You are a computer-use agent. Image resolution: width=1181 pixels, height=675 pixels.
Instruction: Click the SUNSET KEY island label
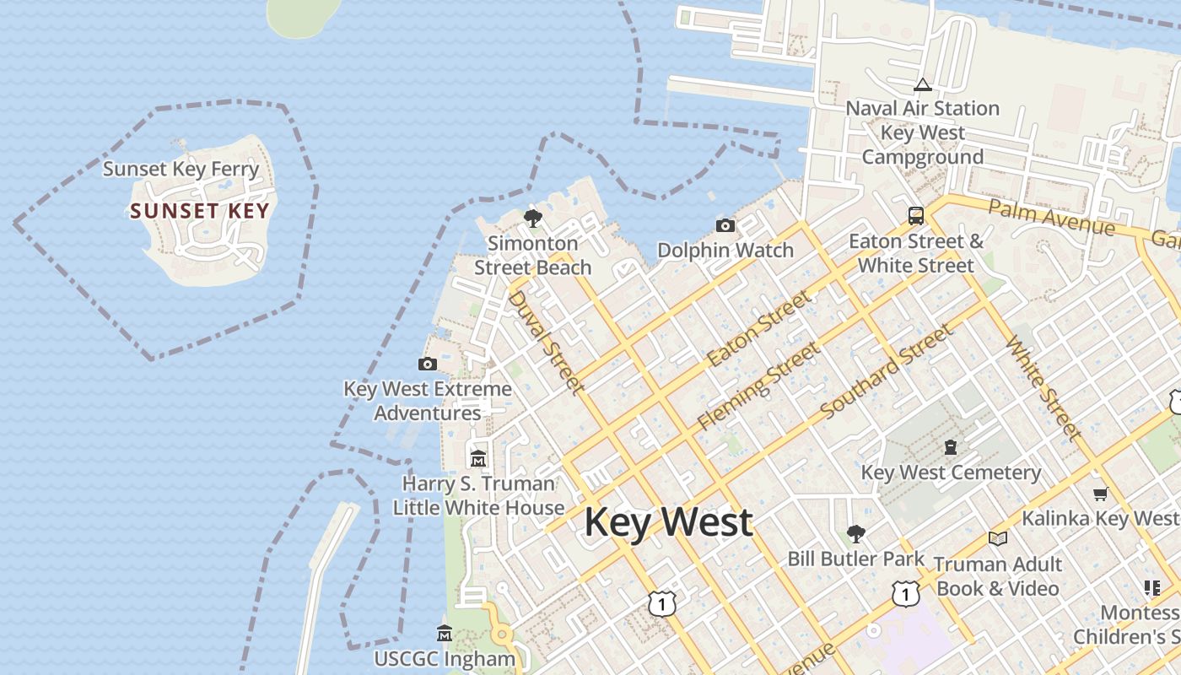point(200,211)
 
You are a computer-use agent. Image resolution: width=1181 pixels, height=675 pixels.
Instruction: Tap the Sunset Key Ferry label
point(181,169)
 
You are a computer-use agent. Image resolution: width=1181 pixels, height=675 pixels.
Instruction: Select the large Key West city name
point(668,522)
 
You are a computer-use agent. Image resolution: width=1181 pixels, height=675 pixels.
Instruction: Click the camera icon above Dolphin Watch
point(725,225)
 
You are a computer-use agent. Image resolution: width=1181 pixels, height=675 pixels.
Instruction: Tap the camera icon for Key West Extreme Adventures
point(428,364)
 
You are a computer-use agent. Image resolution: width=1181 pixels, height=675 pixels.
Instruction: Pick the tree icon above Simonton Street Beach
point(532,219)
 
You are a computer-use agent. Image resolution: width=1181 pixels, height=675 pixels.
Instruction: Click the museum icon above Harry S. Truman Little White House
point(478,458)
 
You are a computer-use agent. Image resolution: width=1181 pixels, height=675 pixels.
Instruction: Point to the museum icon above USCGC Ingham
point(445,633)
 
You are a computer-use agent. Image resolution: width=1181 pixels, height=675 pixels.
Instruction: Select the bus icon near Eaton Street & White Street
point(916,216)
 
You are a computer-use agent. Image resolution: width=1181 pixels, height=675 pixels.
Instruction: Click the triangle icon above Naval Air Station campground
point(922,84)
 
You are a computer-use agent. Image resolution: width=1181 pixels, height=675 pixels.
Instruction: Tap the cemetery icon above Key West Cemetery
point(951,447)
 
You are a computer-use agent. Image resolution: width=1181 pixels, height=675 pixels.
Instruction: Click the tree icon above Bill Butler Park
point(855,533)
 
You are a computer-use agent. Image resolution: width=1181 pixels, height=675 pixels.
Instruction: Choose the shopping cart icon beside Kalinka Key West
point(1100,494)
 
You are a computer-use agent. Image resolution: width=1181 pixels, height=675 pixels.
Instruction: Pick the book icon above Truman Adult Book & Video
point(997,538)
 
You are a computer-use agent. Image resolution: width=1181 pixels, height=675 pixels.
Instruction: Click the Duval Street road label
point(546,342)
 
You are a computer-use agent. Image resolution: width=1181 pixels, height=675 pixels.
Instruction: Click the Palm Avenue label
point(1051,218)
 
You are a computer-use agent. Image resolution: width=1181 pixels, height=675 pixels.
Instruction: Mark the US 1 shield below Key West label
point(663,603)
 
